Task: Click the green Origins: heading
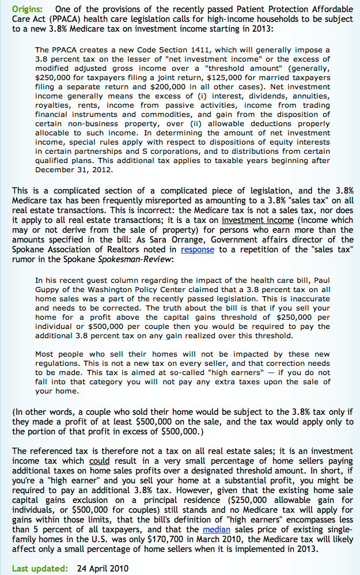(29, 9)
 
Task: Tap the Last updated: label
(39, 568)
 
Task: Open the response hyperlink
(197, 249)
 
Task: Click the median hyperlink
(217, 529)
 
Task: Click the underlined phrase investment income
(256, 220)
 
